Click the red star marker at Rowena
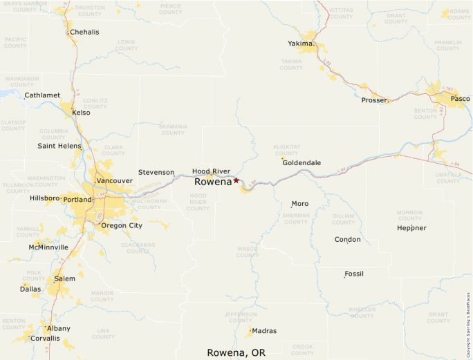pyautogui.click(x=236, y=180)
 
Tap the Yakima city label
pyautogui.click(x=301, y=44)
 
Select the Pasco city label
pyautogui.click(x=460, y=99)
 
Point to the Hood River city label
pyautogui.click(x=211, y=171)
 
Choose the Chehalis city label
pyautogui.click(x=84, y=32)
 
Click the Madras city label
pyautogui.click(x=264, y=331)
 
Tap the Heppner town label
pyautogui.click(x=411, y=228)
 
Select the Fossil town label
pyautogui.click(x=353, y=274)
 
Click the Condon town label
pyautogui.click(x=347, y=240)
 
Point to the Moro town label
pyautogui.click(x=299, y=204)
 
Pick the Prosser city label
pyautogui.click(x=374, y=100)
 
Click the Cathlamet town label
pyautogui.click(x=42, y=95)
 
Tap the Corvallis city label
pyautogui.click(x=44, y=339)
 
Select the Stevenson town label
pyautogui.click(x=156, y=172)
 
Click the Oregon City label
pyautogui.click(x=122, y=225)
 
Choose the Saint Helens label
pyautogui.click(x=59, y=146)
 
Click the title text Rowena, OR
pyautogui.click(x=236, y=352)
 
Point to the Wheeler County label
pyautogui.click(x=362, y=312)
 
